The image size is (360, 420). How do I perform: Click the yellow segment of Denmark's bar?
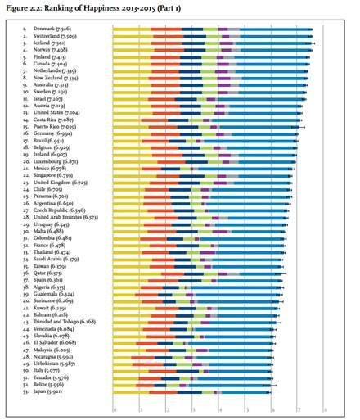(x=131, y=29)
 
